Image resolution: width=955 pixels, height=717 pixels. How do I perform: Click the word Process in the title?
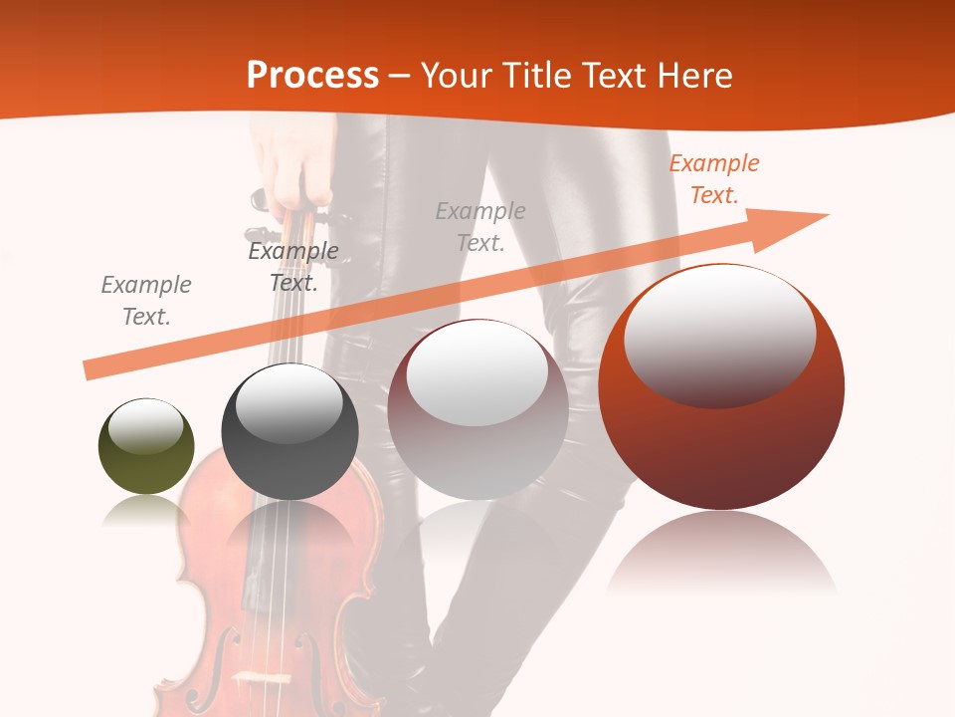pyautogui.click(x=312, y=75)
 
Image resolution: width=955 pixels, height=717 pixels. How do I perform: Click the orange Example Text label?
pyautogui.click(x=714, y=179)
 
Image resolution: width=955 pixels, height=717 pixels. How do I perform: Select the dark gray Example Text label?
pyautogui.click(x=293, y=267)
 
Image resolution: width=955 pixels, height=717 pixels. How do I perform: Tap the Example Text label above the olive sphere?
pyautogui.click(x=146, y=301)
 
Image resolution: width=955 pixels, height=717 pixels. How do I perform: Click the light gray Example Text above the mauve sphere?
pyautogui.click(x=480, y=226)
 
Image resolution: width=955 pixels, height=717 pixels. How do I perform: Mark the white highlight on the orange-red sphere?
pyautogui.click(x=719, y=334)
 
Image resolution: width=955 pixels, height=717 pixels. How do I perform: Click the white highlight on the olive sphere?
pyautogui.click(x=145, y=426)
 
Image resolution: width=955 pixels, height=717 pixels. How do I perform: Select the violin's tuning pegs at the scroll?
pyautogui.click(x=261, y=199)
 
